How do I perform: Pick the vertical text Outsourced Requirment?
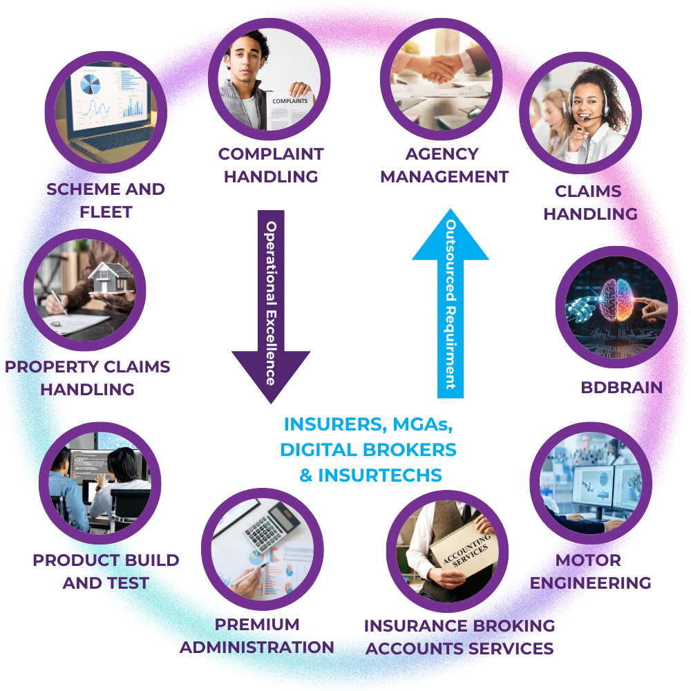point(451,304)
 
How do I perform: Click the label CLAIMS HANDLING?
point(591,202)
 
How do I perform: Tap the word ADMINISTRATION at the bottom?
point(257,647)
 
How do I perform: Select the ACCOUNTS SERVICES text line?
point(459,649)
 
